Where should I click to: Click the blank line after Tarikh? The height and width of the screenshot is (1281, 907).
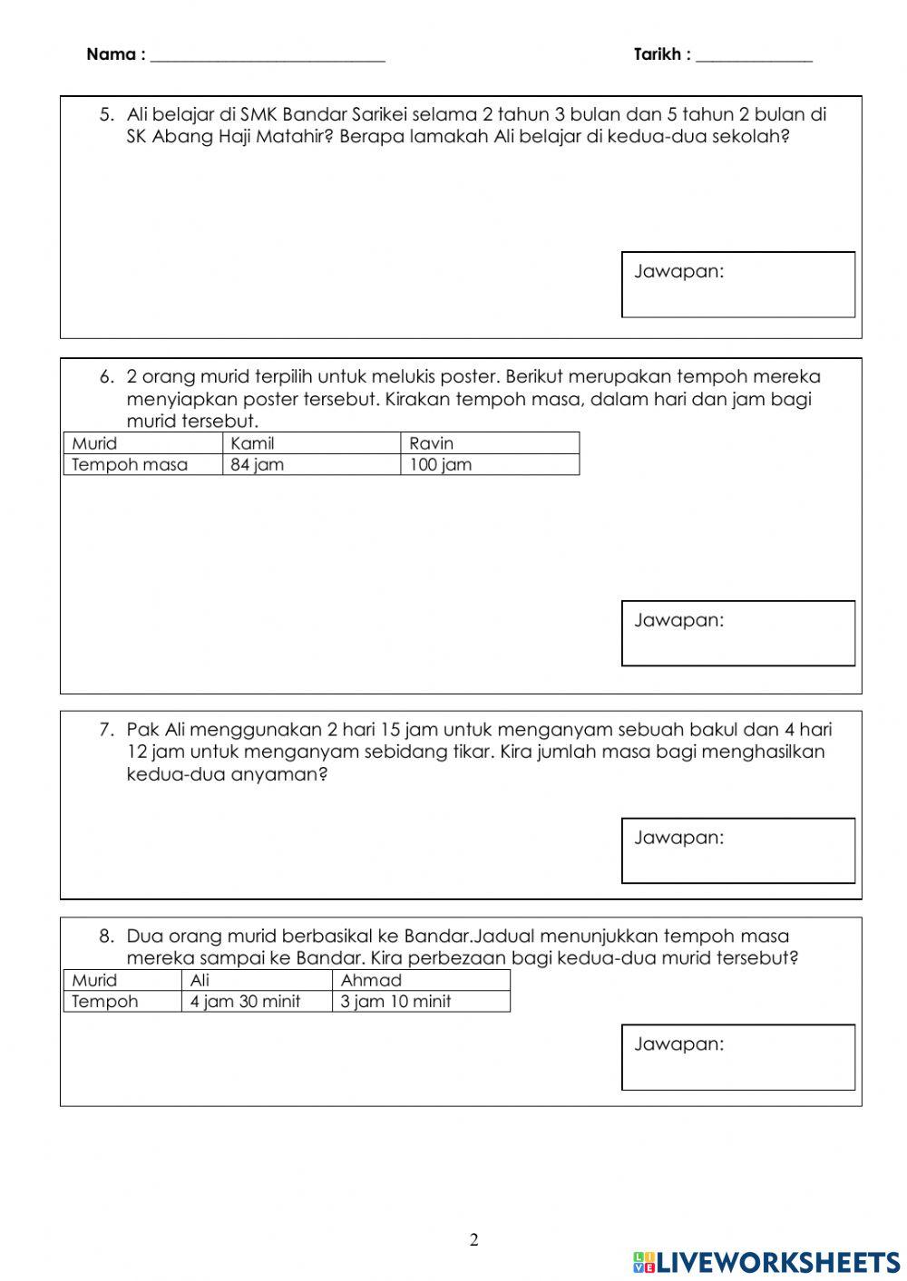coord(754,57)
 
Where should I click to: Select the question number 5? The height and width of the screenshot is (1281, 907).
coord(107,115)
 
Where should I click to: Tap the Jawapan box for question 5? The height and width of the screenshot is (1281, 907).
coord(738,285)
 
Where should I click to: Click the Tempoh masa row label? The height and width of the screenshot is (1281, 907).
coord(130,465)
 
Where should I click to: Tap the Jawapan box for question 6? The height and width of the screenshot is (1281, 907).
coord(738,633)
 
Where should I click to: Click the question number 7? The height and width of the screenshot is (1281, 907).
coord(107,730)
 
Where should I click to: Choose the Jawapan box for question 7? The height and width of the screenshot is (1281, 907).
coord(738,850)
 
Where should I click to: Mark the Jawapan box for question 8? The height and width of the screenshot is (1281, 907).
coord(738,1057)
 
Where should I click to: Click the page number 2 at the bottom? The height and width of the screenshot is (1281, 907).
coord(473,1240)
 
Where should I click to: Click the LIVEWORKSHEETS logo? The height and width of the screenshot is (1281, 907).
coord(766,1262)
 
